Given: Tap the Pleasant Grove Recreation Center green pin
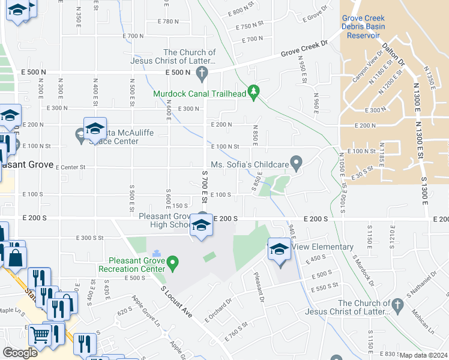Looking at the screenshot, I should (173, 262).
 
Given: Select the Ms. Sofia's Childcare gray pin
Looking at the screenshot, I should (295, 162).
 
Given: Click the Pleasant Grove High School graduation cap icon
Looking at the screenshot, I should (201, 226).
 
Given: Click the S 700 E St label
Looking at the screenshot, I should (204, 186).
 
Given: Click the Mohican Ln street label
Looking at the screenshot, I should (423, 322).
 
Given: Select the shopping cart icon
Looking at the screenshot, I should (40, 335).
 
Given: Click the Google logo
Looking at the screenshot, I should (20, 353).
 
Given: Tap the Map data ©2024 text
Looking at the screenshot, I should (423, 355).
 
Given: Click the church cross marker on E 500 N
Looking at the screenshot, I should (202, 74).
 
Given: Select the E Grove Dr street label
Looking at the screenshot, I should (316, 14).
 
